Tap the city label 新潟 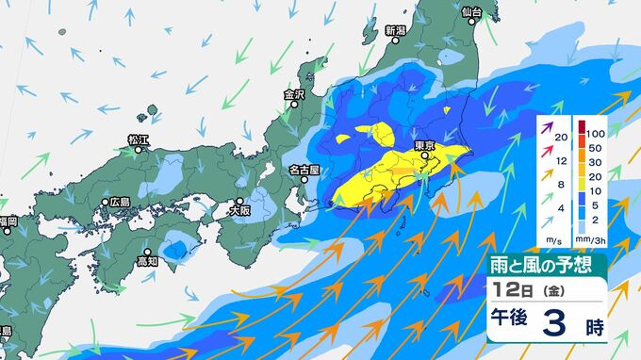[395, 30]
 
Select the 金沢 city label [295, 94]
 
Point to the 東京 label [423, 145]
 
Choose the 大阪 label [239, 211]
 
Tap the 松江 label [139, 139]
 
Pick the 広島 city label [119, 202]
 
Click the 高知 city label [146, 261]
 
